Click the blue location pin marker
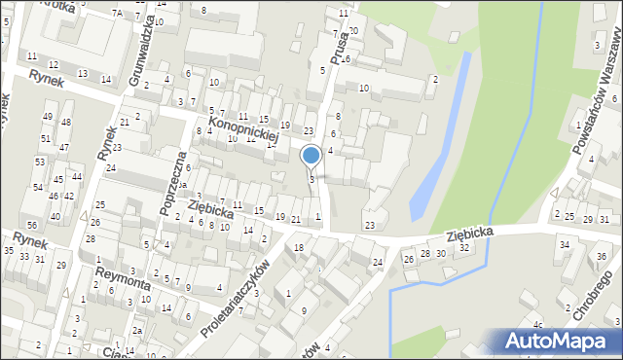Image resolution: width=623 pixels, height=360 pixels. tap(311, 156)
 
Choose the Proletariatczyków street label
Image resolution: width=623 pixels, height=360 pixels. tap(233, 298)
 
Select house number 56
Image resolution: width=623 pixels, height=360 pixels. tap(33, 197)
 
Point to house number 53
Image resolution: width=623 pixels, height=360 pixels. tap(41, 162)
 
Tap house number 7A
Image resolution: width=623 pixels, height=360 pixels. tap(116, 13)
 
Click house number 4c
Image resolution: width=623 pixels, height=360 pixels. tap(537, 324)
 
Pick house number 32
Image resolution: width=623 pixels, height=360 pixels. tap(464, 248)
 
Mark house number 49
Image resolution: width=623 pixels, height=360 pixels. tap(48, 117)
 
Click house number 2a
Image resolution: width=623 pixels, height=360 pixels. tap(138, 331)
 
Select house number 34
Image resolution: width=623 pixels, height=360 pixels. tap(564, 244)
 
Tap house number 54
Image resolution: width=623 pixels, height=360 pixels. tap(37, 186)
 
